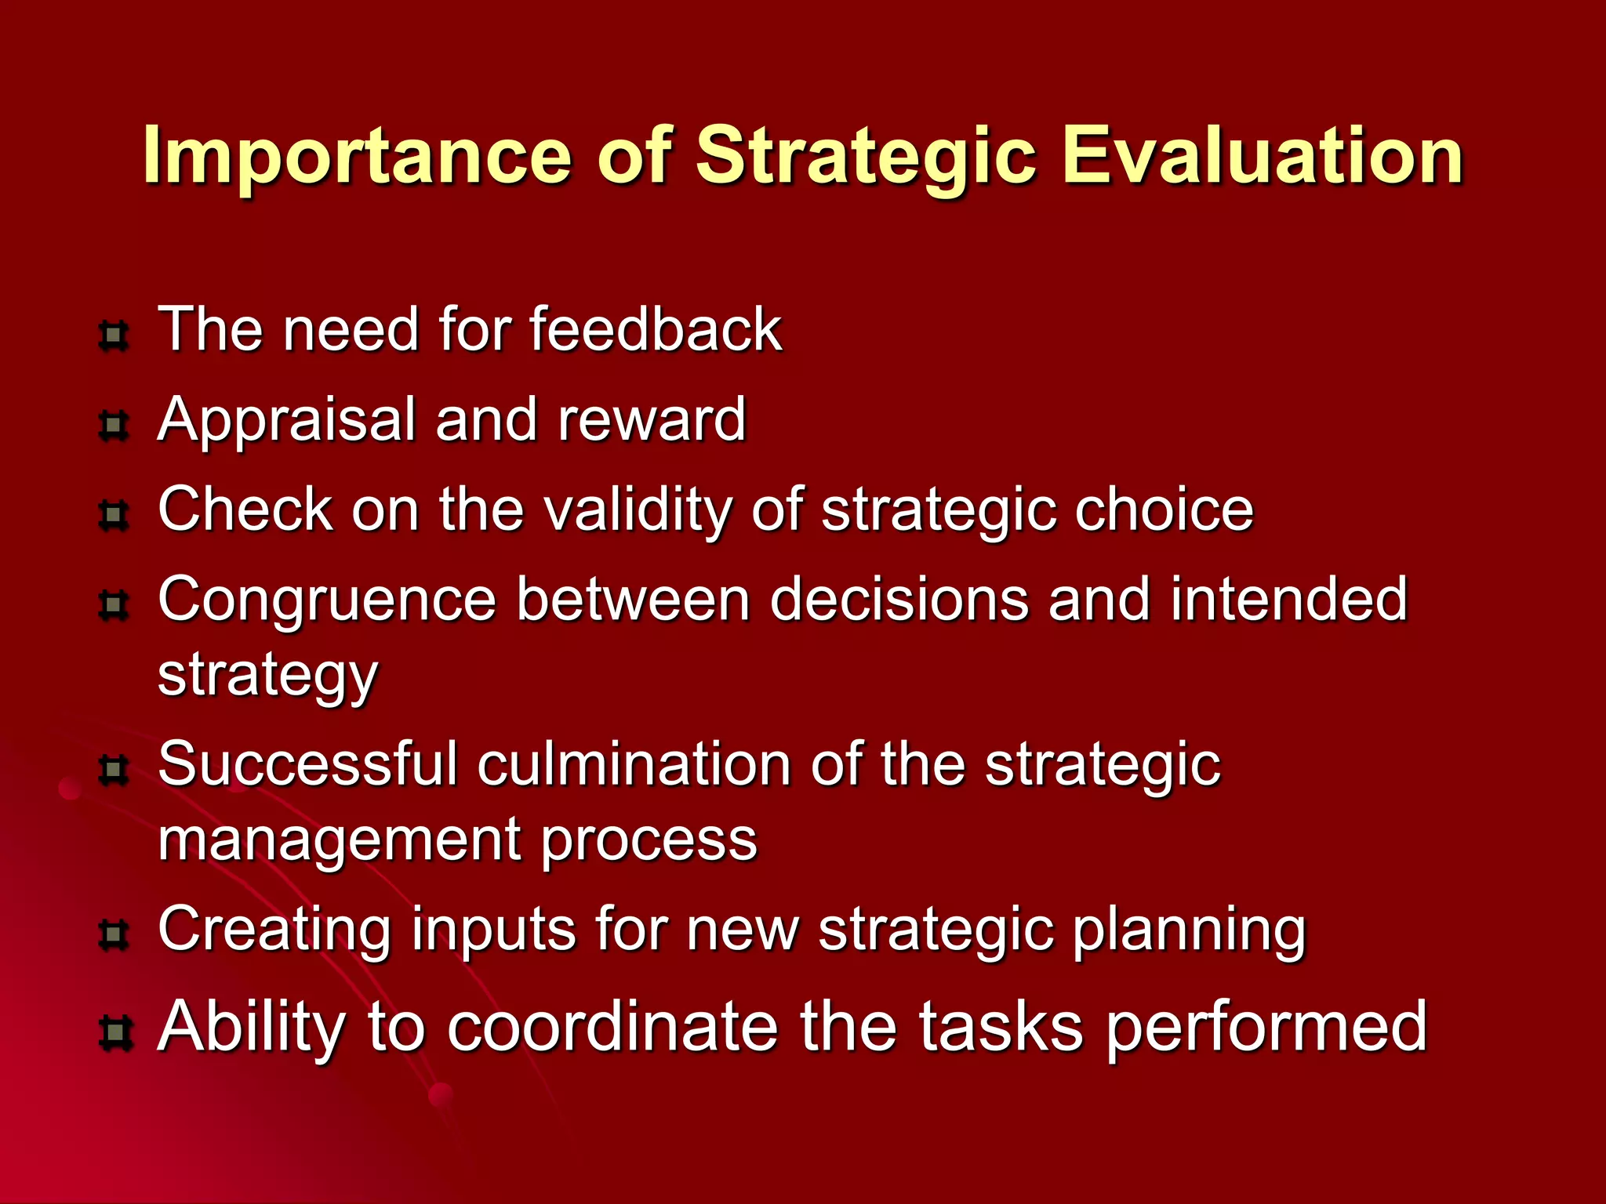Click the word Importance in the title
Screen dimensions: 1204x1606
click(x=357, y=157)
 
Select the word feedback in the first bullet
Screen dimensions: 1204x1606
click(x=656, y=329)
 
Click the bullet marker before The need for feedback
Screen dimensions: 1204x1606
click(x=114, y=336)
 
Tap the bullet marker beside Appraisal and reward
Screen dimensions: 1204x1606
click(x=114, y=426)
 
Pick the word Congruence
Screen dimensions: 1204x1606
click(x=327, y=600)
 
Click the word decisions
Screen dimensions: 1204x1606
click(x=899, y=600)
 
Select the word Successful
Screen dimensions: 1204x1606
click(x=307, y=764)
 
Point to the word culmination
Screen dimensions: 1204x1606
click(x=634, y=764)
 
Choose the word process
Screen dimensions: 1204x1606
click(x=649, y=840)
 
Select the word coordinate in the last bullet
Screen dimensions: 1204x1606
click(x=613, y=1027)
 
